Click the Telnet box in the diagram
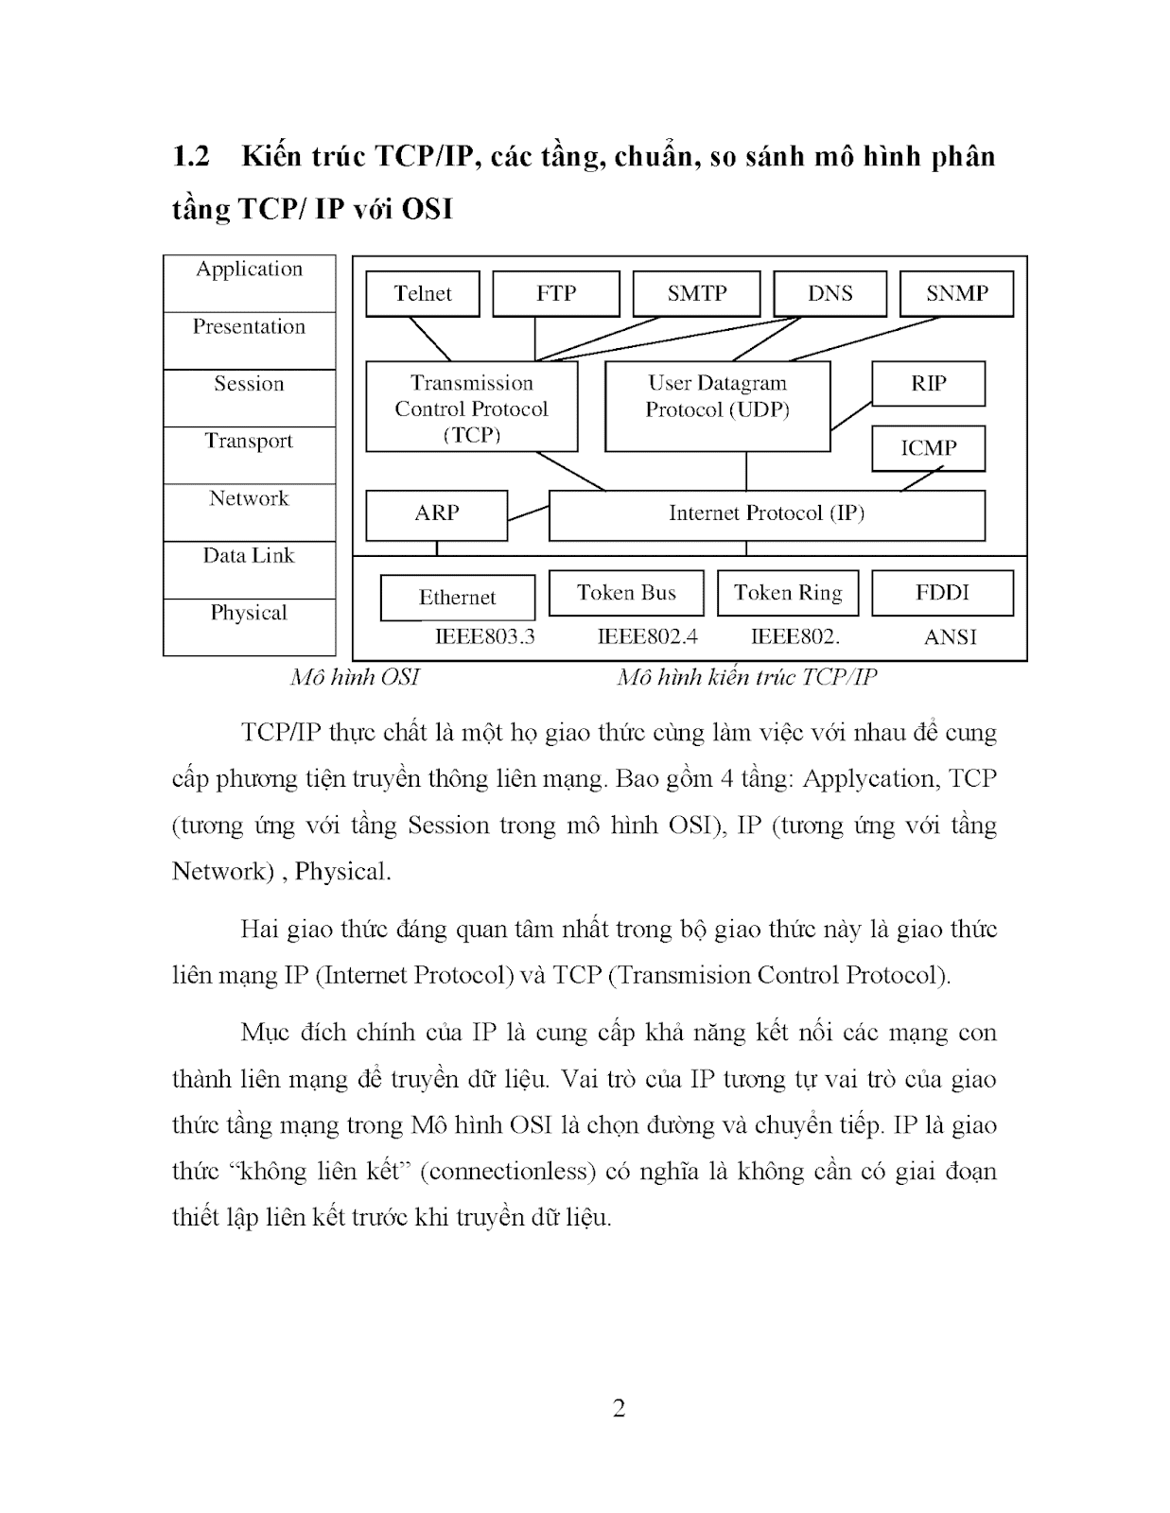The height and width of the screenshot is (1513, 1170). pos(423,293)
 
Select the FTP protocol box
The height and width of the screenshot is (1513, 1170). pos(556,293)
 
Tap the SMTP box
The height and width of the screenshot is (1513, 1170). pos(696,293)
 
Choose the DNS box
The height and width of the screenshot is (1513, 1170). pos(829,293)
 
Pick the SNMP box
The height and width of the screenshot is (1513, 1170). pos(956,293)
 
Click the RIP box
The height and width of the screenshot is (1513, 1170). pos(928,383)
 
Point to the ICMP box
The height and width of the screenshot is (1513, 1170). pos(928,448)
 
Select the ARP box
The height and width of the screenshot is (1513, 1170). pos(436,513)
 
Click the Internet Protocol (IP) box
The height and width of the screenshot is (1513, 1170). pos(766,513)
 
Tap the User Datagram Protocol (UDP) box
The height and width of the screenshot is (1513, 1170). pos(717,406)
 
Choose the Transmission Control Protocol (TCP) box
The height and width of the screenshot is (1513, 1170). pos(471,407)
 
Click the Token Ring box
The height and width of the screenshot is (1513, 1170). pos(788,593)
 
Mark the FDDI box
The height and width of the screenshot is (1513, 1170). pos(942,593)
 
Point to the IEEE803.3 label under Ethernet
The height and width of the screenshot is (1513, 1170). pos(484,636)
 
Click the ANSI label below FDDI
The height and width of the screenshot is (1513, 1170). pos(950,637)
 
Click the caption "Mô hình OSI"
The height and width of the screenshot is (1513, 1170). pos(355,677)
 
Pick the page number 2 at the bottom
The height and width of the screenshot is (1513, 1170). pos(619,1408)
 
